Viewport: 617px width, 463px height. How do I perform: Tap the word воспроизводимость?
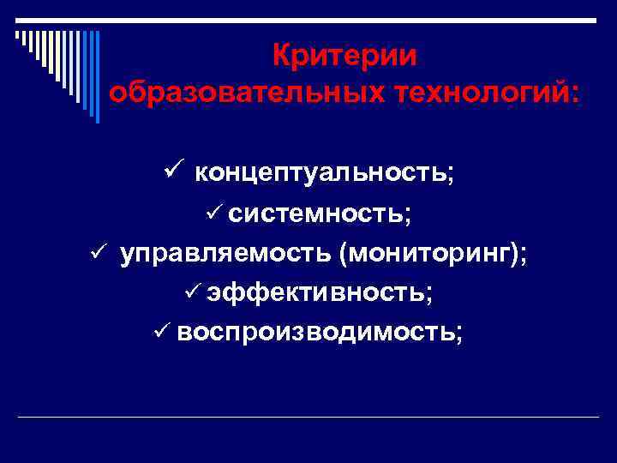point(316,332)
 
